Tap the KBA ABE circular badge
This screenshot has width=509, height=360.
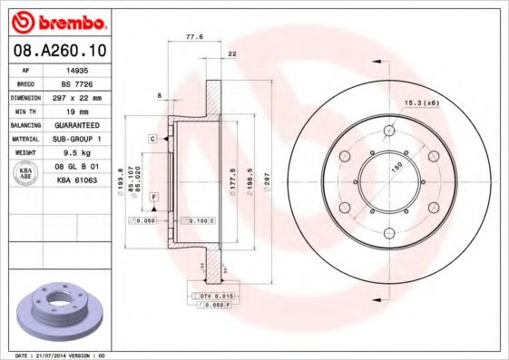(x=26, y=172)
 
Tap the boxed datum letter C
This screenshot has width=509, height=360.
(x=153, y=138)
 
